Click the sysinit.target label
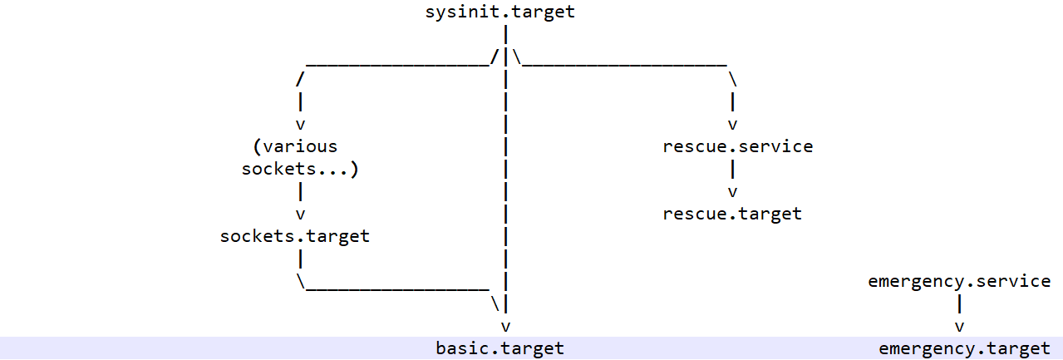[x=500, y=12]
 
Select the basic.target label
[x=500, y=348]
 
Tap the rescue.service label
[x=737, y=147]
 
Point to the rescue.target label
[x=732, y=214]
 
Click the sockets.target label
[x=294, y=236]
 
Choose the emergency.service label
[x=959, y=281]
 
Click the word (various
[x=294, y=147]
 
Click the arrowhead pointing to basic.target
[x=505, y=326]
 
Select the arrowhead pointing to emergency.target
[x=959, y=326]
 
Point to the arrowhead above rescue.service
[x=732, y=125]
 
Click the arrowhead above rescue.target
[x=732, y=192]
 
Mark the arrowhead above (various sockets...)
[x=299, y=125]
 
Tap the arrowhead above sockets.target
[x=299, y=214]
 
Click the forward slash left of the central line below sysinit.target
[x=495, y=57]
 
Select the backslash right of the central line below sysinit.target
[x=516, y=57]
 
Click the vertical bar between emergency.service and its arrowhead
[x=959, y=303]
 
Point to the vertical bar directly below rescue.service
[x=732, y=170]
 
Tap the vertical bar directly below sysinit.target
[x=505, y=35]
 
